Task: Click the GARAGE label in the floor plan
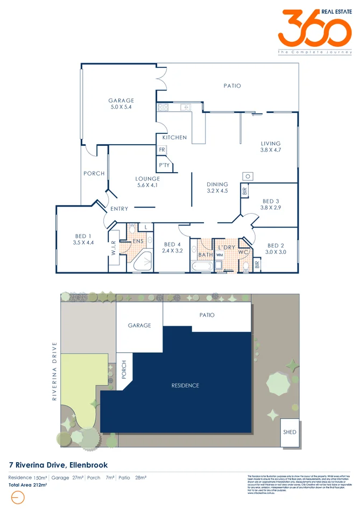tap(121, 101)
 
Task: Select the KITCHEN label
tap(174, 138)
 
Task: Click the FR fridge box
tap(161, 150)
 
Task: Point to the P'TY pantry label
tap(164, 165)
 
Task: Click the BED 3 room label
tap(270, 201)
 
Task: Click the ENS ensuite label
tap(138, 242)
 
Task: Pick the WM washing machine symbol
tap(219, 255)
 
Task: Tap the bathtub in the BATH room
tap(201, 266)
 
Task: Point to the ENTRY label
tap(119, 209)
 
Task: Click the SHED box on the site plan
tap(290, 432)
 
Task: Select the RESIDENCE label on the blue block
tap(185, 385)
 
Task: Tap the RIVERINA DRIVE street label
tap(54, 371)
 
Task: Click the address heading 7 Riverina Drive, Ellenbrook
tap(59, 464)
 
